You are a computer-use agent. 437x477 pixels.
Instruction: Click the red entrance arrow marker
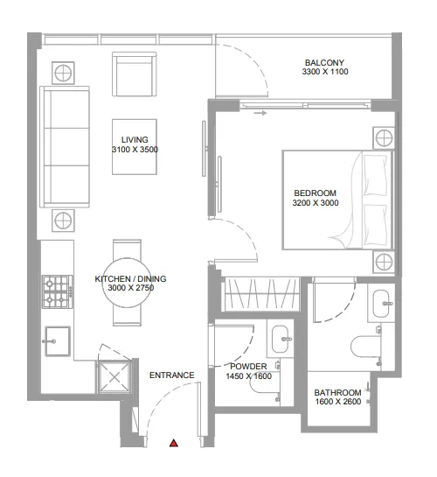[174, 445]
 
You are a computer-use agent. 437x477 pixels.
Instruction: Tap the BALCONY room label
[324, 62]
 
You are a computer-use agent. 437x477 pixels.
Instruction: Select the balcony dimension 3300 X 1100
[324, 73]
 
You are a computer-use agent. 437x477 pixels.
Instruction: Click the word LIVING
[135, 140]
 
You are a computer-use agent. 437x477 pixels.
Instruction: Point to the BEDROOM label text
[315, 193]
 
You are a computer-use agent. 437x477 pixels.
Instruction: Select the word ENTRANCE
[171, 375]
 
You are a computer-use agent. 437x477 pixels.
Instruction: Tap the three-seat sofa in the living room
[66, 146]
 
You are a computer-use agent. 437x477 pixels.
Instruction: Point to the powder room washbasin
[281, 336]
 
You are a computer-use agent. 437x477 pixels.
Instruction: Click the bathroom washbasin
[383, 305]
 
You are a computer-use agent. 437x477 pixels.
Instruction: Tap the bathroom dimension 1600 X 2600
[338, 403]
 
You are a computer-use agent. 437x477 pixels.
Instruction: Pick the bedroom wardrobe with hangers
[258, 294]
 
